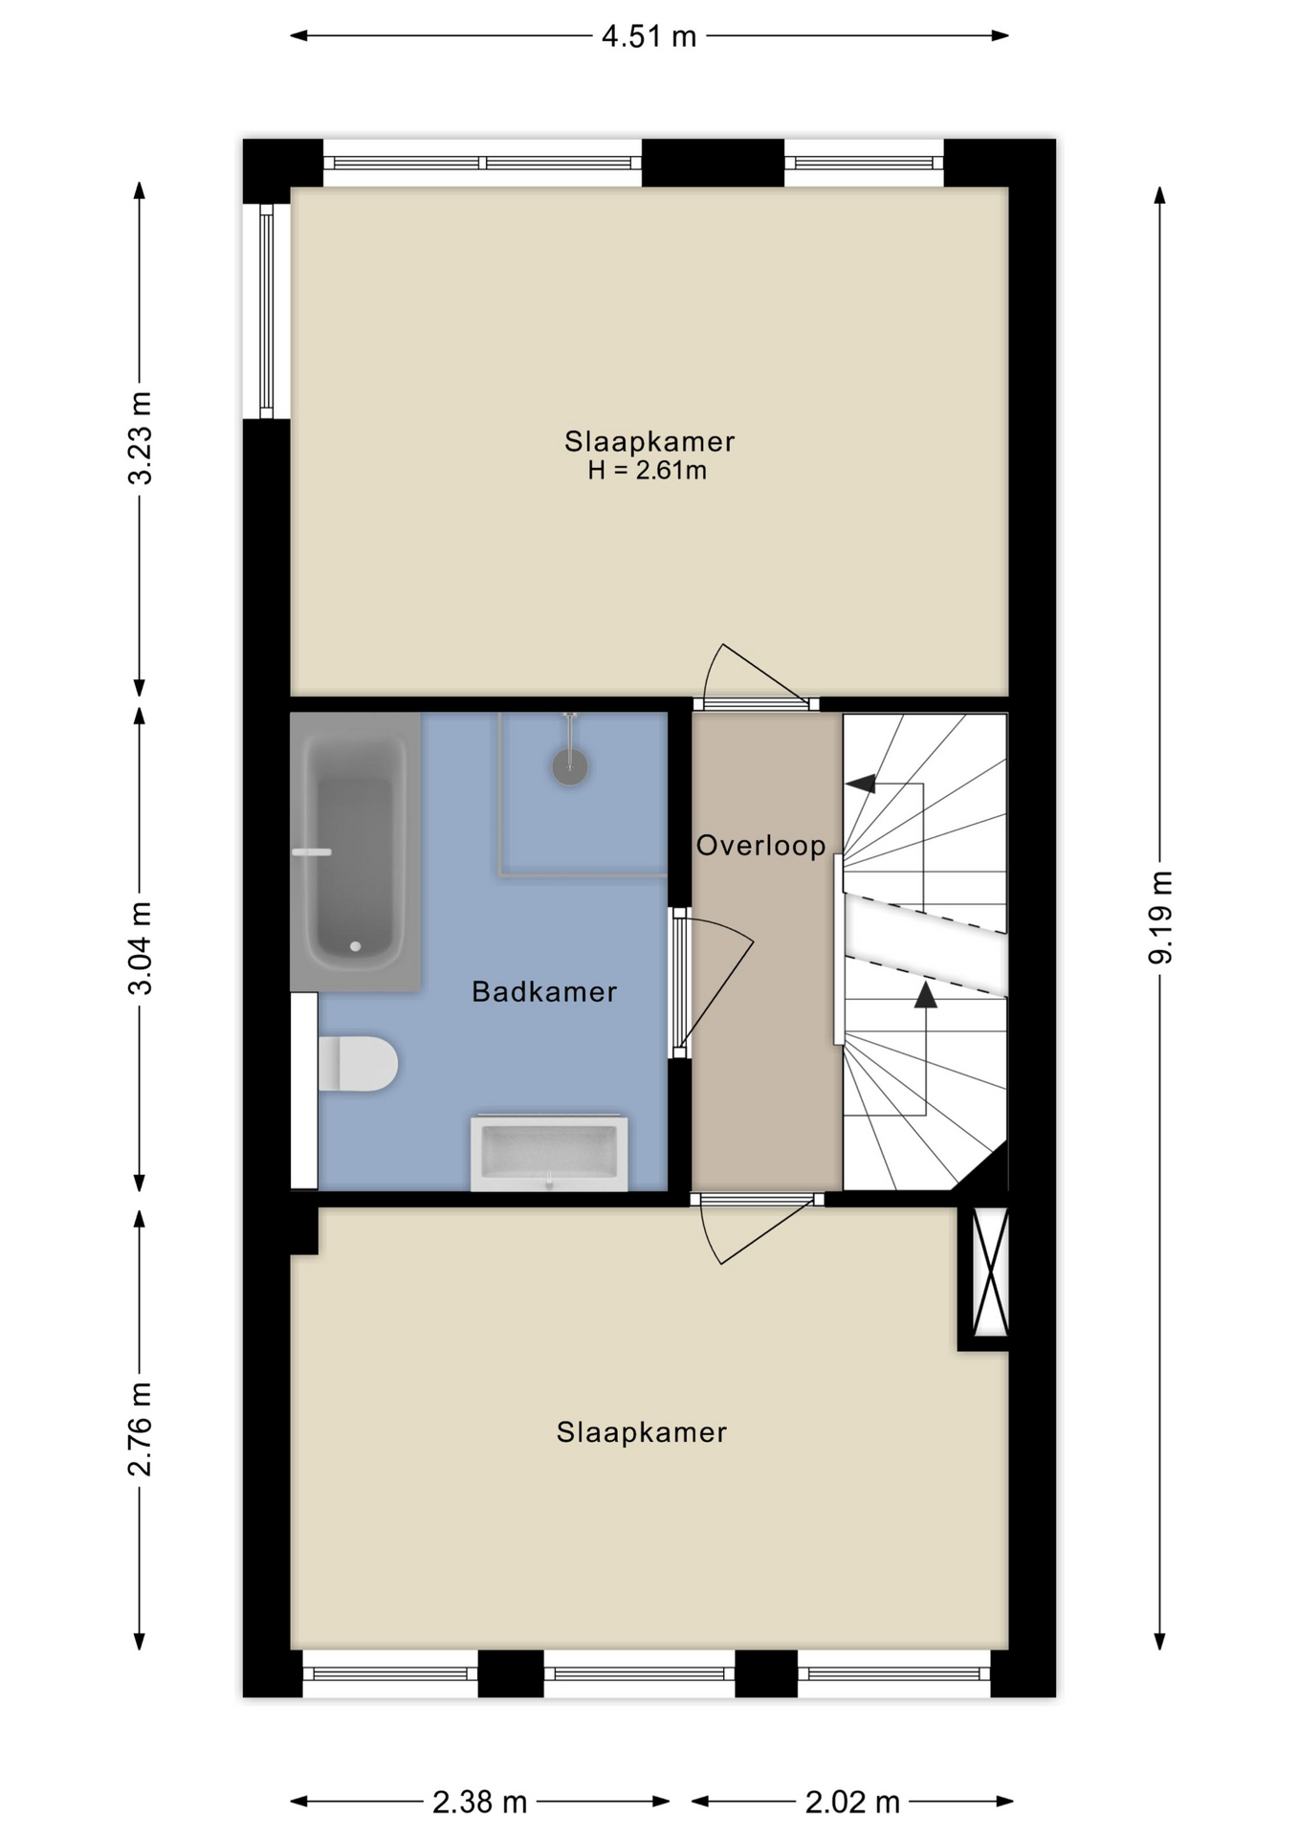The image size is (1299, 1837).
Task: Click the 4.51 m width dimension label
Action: pos(649,36)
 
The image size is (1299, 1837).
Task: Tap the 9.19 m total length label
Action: pos(1160,918)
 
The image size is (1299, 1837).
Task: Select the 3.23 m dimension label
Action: pos(140,438)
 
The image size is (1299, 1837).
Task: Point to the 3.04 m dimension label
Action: pos(140,948)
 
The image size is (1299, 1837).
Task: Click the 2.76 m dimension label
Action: pos(140,1429)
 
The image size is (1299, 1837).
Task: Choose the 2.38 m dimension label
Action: pos(479,1803)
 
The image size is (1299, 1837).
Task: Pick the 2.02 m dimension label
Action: pos(852,1803)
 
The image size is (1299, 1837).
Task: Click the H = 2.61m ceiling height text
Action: pos(648,471)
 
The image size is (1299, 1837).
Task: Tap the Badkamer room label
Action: pos(544,992)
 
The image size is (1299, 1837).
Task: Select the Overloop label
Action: pos(760,846)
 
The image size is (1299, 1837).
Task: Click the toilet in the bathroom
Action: pos(358,1063)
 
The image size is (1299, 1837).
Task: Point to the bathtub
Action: pos(355,852)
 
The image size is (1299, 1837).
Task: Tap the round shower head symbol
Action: pos(570,766)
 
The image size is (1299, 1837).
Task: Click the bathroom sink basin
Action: pos(549,1152)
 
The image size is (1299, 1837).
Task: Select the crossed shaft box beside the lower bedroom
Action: pos(990,1272)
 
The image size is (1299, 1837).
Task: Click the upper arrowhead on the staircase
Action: pos(861,783)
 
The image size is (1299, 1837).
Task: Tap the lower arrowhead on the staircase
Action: pos(925,995)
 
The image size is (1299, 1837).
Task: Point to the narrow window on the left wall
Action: pos(267,311)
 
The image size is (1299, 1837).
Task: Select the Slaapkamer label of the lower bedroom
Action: pos(642,1432)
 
